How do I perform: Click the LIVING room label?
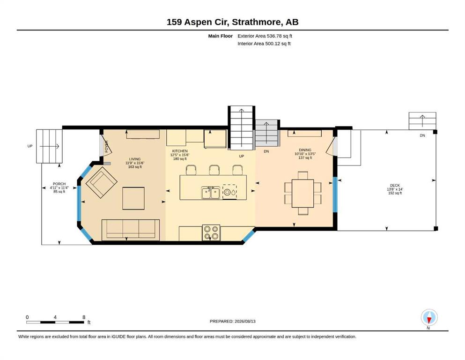pos(135,159)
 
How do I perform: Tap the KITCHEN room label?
pos(180,151)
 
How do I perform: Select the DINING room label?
pos(305,150)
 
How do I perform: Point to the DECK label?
pos(395,185)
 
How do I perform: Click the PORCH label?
pos(59,184)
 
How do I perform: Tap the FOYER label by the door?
pos(107,146)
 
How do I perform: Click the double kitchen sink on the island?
pos(211,193)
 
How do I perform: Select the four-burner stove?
pos(211,232)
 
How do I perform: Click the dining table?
pos(303,193)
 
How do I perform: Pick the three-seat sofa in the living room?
pos(131,230)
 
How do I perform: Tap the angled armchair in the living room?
pos(102,182)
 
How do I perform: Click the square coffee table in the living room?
pos(133,198)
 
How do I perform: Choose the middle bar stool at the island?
pos(214,170)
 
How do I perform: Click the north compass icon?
pos(429,317)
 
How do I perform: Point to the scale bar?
pos(55,322)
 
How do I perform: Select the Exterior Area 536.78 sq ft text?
pos(265,36)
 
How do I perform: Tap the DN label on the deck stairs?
pos(422,135)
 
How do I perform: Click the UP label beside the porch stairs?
pos(30,146)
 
